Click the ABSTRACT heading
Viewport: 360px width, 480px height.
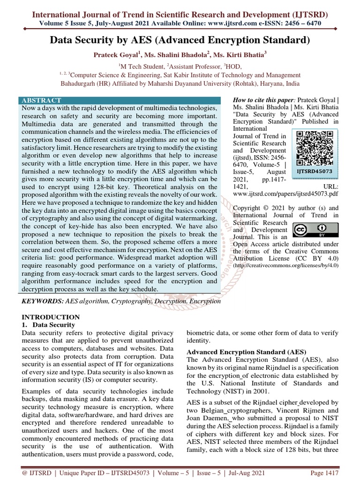(x=41, y=100)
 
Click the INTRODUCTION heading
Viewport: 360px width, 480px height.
(x=51, y=317)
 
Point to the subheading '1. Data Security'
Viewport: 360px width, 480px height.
(x=49, y=324)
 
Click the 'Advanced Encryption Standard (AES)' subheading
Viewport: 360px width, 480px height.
(x=246, y=352)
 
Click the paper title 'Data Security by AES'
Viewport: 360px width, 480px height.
(x=180, y=41)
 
